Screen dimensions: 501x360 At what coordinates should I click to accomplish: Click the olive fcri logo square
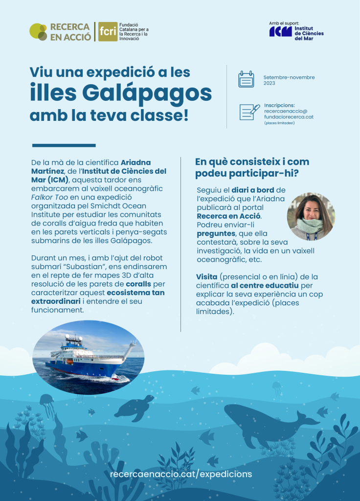(x=108, y=32)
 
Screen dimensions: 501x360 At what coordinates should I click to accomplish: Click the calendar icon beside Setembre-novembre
(x=246, y=79)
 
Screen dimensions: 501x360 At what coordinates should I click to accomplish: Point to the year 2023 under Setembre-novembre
(x=270, y=84)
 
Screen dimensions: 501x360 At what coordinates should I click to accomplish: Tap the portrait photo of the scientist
(x=311, y=216)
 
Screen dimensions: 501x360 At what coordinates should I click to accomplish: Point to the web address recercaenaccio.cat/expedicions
(x=181, y=474)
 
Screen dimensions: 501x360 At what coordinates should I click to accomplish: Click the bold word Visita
(x=207, y=277)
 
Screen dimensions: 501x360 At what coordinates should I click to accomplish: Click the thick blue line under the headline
(x=64, y=145)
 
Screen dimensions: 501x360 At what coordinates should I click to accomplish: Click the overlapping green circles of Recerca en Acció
(x=38, y=32)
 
